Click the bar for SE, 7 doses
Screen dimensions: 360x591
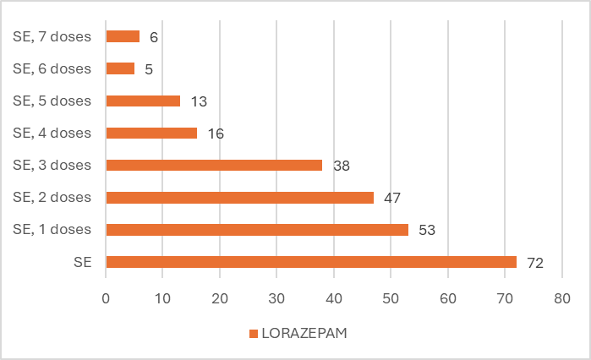(123, 36)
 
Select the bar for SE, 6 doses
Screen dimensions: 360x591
(120, 68)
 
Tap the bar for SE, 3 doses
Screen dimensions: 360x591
(214, 165)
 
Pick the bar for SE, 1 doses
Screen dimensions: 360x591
(257, 230)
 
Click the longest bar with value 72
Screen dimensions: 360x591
(311, 262)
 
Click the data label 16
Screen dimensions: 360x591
(215, 134)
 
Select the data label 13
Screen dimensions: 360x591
(198, 101)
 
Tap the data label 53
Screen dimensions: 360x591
(426, 230)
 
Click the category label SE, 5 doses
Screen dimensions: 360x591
(52, 101)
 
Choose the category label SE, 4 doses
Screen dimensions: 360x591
(52, 133)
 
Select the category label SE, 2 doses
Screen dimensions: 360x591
(52, 197)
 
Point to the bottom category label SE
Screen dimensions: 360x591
(83, 262)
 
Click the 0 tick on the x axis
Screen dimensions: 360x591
(106, 298)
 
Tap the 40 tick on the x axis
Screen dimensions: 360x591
(334, 298)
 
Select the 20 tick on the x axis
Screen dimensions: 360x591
(220, 298)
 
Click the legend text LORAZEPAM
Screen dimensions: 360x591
(304, 333)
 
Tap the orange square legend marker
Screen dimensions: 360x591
(253, 334)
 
